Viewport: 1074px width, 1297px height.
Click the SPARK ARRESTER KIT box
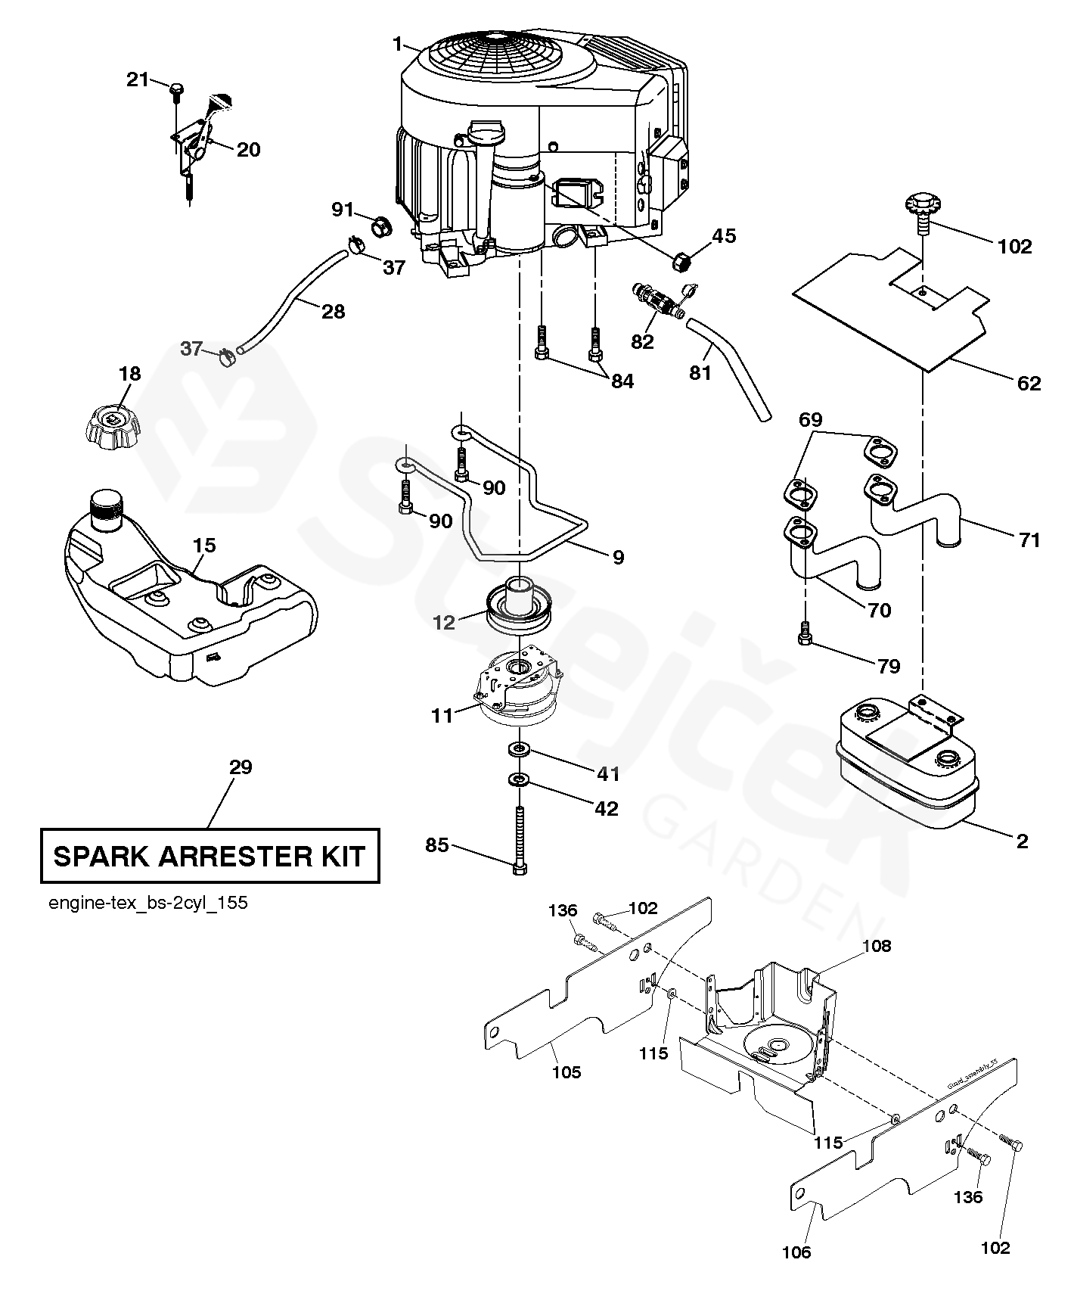coord(210,856)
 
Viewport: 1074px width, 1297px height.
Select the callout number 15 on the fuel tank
coord(204,546)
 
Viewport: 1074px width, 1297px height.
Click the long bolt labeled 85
coord(520,841)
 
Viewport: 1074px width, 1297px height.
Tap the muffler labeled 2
coord(906,764)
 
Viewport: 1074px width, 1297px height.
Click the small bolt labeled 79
coord(805,635)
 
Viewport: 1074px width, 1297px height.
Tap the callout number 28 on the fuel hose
coord(333,311)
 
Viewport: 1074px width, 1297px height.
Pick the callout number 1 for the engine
coord(398,45)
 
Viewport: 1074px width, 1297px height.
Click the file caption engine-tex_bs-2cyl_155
coord(147,903)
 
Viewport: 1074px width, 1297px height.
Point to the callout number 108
coord(876,945)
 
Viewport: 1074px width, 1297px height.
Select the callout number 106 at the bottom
coord(796,1252)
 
